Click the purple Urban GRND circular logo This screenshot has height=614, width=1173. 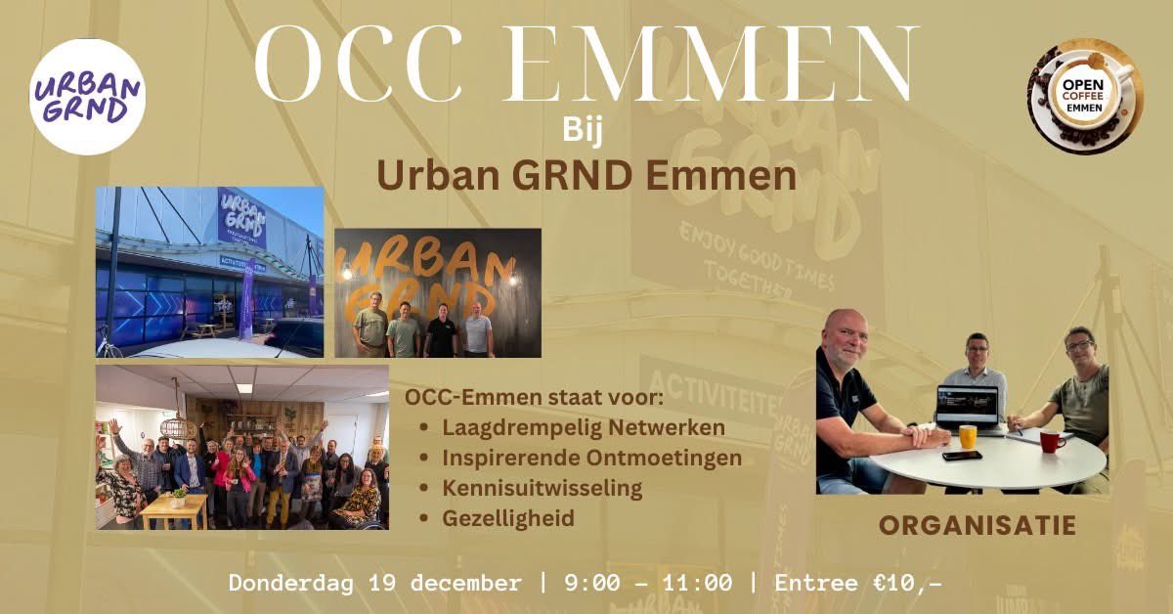pyautogui.click(x=87, y=97)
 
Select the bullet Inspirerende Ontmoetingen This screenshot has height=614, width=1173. pyautogui.click(x=591, y=457)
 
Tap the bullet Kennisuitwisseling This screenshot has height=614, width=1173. pyautogui.click(x=543, y=486)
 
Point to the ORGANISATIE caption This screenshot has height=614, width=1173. pyautogui.click(x=977, y=526)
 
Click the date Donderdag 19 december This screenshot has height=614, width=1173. pyautogui.click(x=374, y=584)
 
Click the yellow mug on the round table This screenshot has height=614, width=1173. pyautogui.click(x=967, y=437)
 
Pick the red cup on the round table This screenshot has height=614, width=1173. pyautogui.click(x=1051, y=441)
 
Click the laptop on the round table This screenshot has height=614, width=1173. pyautogui.click(x=967, y=405)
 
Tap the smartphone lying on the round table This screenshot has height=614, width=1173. pyautogui.click(x=961, y=455)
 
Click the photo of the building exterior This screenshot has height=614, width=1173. pyautogui.click(x=209, y=272)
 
